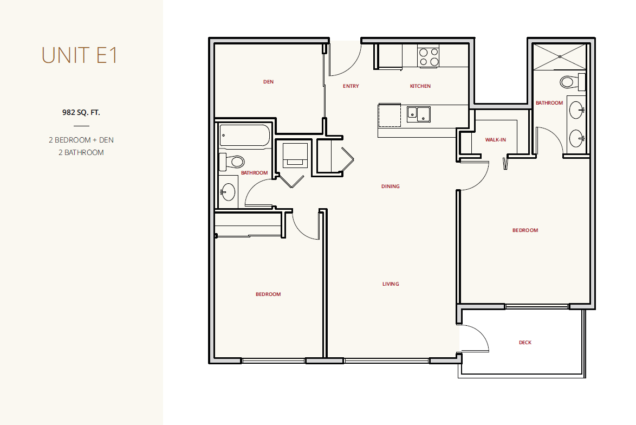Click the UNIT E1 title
point(80,55)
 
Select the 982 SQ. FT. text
point(81,112)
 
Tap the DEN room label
point(269,82)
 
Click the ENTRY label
point(351,86)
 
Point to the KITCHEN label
point(420,86)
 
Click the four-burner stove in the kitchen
point(429,56)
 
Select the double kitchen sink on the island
point(419,114)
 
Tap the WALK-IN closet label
point(496,140)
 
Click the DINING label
point(391,186)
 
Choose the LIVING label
point(391,284)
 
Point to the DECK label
point(525,342)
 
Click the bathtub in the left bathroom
point(244,135)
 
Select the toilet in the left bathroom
point(232,162)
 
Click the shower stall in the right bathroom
point(560,57)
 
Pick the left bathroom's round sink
point(228,191)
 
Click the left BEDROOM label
point(268,294)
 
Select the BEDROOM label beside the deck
point(525,230)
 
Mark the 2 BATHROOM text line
point(81,153)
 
